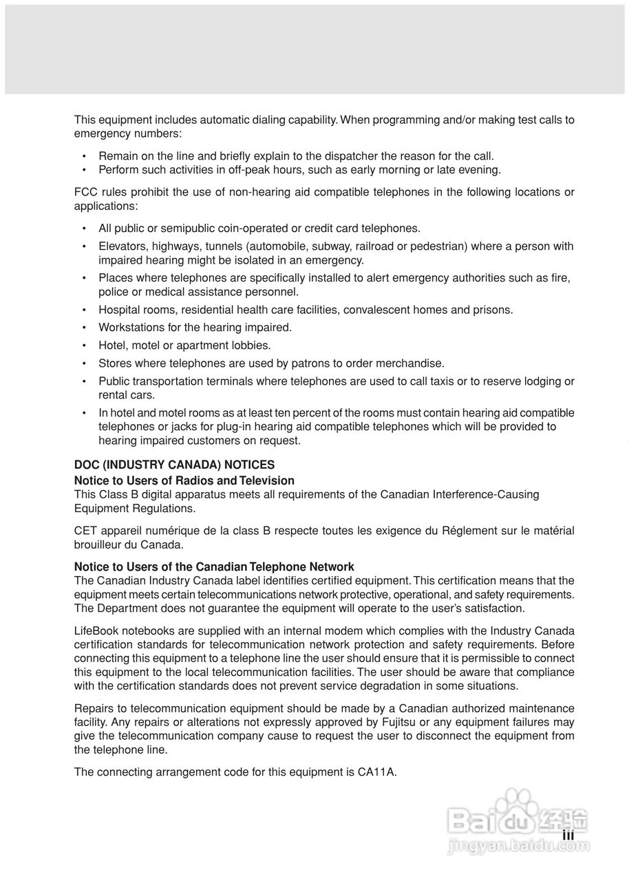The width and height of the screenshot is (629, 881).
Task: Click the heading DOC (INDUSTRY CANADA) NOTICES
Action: tap(174, 465)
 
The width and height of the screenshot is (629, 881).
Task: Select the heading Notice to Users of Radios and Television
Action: tap(184, 480)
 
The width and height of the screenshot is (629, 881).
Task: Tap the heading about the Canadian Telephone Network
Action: tap(214, 566)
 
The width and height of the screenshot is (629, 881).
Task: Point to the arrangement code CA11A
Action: tap(376, 772)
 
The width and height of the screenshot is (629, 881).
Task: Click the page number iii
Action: tap(568, 835)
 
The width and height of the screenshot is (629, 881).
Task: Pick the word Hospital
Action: tap(118, 310)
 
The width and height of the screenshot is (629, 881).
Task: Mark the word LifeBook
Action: tap(96, 631)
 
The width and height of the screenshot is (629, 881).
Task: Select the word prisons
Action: tap(493, 310)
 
